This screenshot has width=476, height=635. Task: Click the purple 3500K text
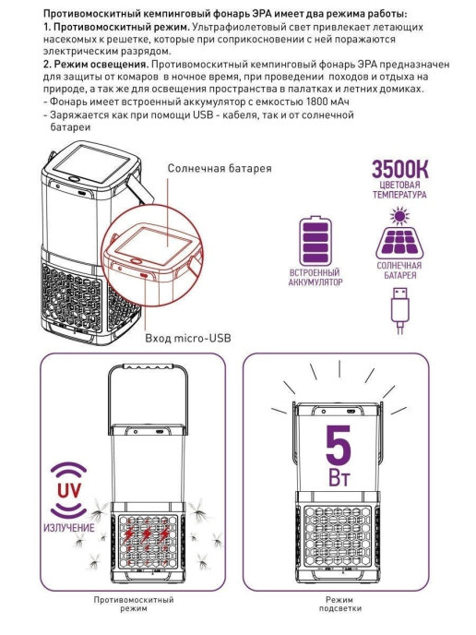(400, 169)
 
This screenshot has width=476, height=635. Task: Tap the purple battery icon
(315, 240)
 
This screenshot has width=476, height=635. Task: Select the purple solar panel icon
(399, 242)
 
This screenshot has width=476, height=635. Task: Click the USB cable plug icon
(400, 310)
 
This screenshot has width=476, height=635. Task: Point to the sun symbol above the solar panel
(400, 216)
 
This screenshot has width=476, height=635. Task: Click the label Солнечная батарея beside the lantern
(220, 169)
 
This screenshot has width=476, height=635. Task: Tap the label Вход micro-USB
(188, 338)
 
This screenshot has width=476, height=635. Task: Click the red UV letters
(69, 490)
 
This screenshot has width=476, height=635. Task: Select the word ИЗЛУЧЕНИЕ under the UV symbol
(69, 528)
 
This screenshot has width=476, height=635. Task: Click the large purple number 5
(339, 444)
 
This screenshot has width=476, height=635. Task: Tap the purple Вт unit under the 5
(339, 477)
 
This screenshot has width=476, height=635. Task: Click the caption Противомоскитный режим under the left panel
(134, 604)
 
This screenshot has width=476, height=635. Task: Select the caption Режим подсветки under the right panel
(339, 604)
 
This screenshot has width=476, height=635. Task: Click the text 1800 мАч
(327, 102)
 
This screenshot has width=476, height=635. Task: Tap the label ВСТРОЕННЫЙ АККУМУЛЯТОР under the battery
(315, 277)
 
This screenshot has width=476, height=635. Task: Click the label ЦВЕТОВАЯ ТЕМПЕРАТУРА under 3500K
(399, 190)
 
